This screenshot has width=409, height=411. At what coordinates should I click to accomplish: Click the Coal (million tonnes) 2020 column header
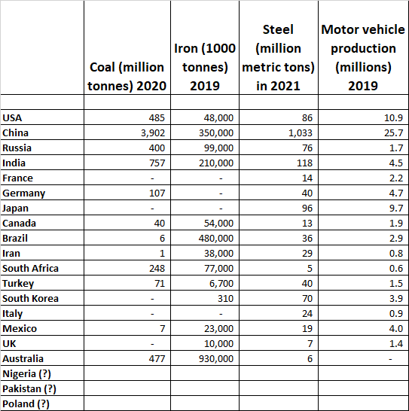tap(127, 76)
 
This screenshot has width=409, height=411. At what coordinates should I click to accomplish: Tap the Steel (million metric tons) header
tap(278, 57)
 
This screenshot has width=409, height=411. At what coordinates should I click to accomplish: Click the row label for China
tap(16, 132)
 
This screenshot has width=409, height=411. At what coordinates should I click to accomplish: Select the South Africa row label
tap(30, 268)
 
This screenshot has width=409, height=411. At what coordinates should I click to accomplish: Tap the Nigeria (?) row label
tap(29, 373)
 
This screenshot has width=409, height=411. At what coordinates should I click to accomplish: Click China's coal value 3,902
tap(151, 132)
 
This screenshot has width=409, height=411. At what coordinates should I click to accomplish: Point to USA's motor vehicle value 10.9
tap(392, 117)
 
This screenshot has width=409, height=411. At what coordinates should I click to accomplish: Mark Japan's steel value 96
tap(305, 208)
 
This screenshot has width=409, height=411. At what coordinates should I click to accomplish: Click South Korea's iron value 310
tap(224, 298)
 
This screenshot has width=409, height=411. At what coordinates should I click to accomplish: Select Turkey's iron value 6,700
tap(219, 283)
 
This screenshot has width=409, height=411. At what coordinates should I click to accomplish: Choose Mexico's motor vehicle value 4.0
tap(394, 328)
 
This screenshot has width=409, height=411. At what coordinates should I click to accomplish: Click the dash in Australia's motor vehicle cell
tap(397, 358)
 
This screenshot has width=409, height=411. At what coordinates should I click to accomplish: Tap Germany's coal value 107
tap(157, 193)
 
